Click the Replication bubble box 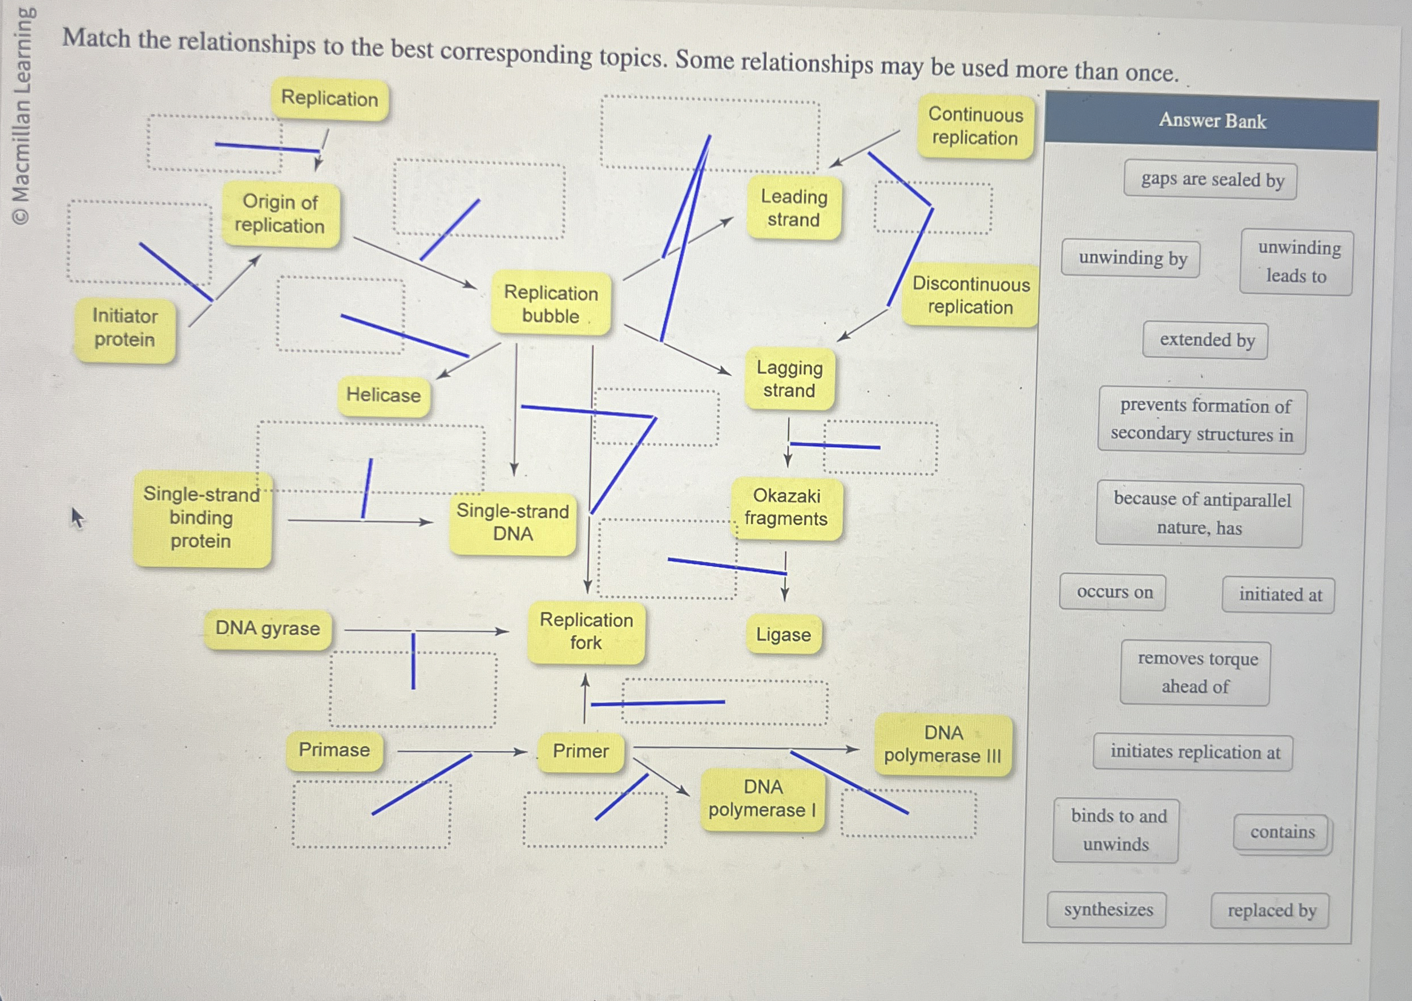551,303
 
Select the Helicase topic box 383,395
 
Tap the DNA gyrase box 268,629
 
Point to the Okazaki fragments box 786,507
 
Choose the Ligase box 783,634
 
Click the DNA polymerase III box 943,744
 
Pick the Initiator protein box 124,328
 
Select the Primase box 334,750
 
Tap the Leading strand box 793,208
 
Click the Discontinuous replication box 970,295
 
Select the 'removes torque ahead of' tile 1196,672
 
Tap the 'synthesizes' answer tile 1107,910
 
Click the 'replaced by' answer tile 1271,910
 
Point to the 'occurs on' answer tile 1114,593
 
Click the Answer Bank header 1212,121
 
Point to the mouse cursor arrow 76,516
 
